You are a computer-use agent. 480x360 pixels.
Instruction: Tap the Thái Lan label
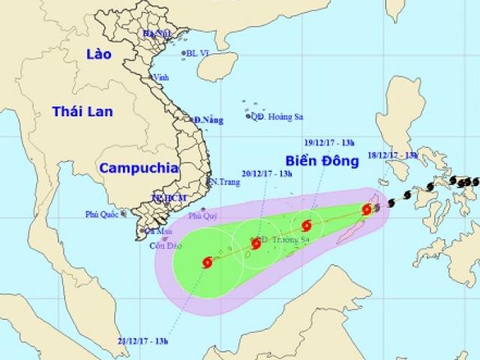click(x=82, y=111)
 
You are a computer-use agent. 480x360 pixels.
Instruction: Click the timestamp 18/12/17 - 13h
click(x=392, y=155)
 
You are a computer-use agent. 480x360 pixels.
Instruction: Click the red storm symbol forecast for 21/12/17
click(x=207, y=262)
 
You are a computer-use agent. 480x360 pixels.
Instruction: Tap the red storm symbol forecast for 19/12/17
click(x=307, y=225)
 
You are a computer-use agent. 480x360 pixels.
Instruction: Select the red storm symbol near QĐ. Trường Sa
click(x=256, y=243)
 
